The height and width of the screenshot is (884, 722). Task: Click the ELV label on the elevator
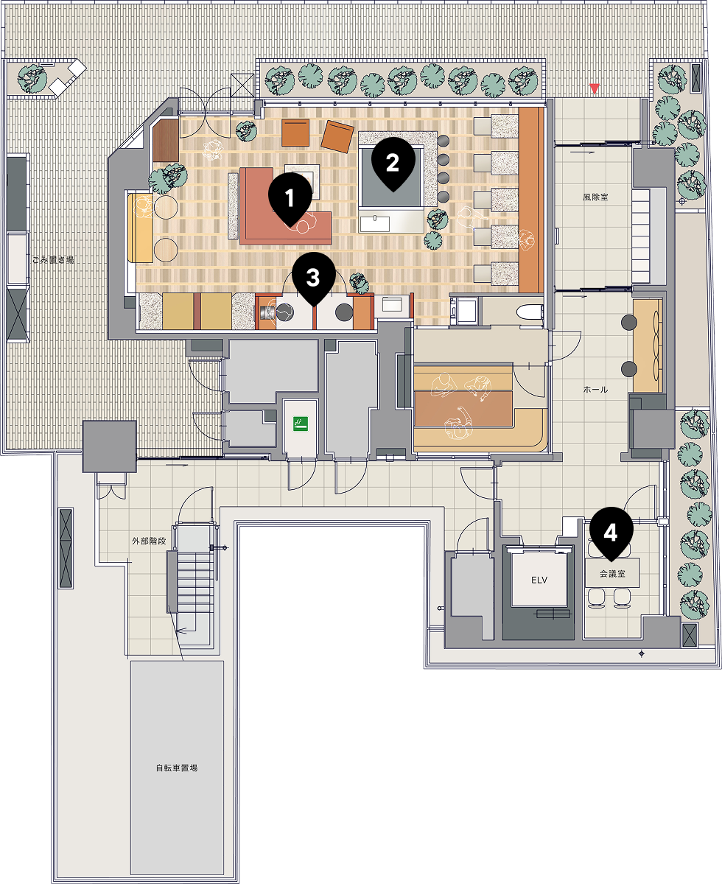(x=539, y=580)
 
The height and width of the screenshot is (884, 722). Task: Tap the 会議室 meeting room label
(x=612, y=574)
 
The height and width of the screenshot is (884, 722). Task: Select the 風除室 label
(x=595, y=197)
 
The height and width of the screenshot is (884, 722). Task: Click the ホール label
(x=595, y=390)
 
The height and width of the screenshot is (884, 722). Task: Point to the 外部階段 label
(x=150, y=541)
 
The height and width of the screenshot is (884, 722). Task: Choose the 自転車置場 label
(x=177, y=768)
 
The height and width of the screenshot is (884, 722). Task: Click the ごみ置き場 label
(x=53, y=260)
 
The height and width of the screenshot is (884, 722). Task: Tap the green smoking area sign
(x=300, y=424)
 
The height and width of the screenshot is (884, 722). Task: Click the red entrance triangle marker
(x=594, y=88)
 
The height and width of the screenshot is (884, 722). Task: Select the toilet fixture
(x=530, y=312)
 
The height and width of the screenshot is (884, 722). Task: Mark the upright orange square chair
(x=295, y=133)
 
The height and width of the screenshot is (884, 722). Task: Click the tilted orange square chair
(x=337, y=136)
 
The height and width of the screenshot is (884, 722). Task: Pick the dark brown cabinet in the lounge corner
(x=166, y=141)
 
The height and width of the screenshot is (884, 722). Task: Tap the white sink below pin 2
(x=374, y=224)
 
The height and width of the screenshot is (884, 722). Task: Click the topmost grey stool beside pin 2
(x=444, y=141)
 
